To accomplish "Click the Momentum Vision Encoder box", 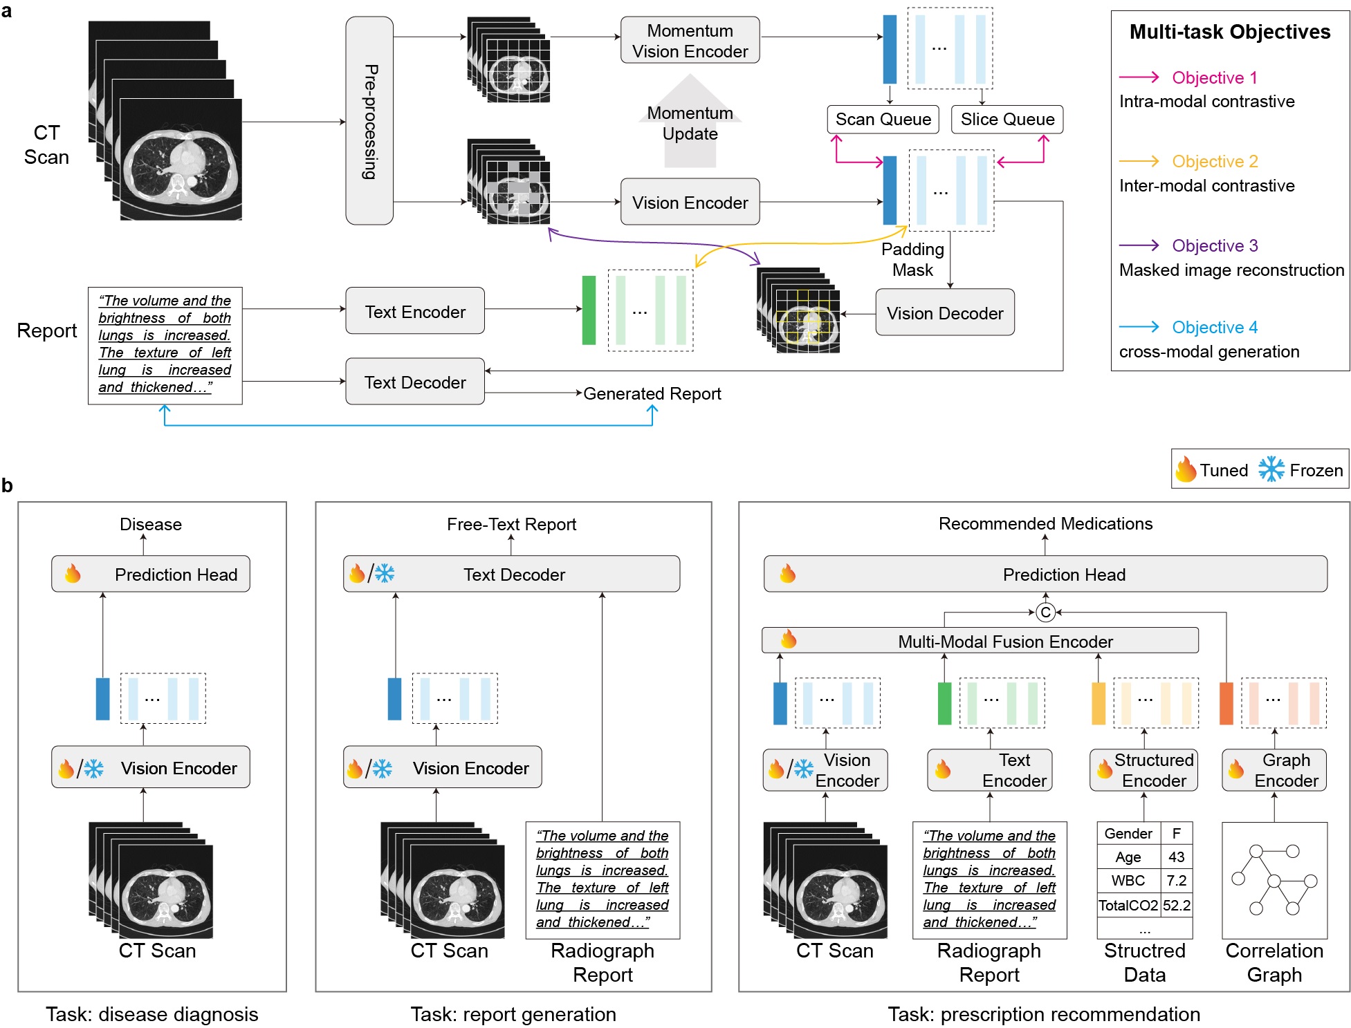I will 690,41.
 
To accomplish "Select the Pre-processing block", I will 369,121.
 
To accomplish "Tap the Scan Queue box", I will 883,120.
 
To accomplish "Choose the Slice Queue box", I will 1007,120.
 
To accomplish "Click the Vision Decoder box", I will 944,313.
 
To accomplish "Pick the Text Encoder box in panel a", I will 415,312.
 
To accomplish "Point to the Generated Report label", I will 652,393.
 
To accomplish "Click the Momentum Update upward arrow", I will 690,122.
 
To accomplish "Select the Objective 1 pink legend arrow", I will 1139,77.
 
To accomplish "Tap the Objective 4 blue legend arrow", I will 1139,326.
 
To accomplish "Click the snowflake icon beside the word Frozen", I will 1271,469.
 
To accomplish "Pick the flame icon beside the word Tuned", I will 1186,469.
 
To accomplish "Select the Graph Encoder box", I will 1274,770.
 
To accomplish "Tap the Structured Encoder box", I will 1143,770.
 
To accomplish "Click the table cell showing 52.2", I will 1177,905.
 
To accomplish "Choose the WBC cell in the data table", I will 1128,881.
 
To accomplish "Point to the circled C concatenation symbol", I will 1045,613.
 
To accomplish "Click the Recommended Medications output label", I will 1045,524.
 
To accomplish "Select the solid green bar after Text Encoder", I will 589,310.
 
